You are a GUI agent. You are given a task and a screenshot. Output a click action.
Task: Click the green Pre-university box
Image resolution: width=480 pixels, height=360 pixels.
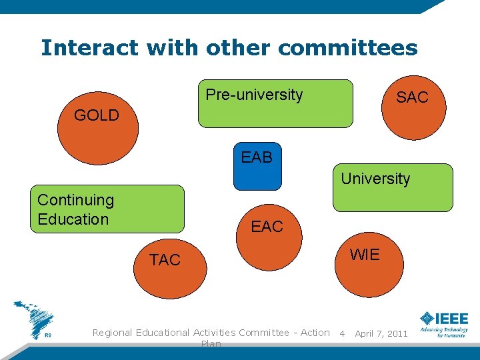click(x=276, y=103)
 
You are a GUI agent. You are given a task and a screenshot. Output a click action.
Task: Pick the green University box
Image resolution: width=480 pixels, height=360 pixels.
click(x=393, y=188)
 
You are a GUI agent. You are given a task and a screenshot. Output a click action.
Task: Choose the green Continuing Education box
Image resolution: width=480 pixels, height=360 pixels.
click(x=107, y=209)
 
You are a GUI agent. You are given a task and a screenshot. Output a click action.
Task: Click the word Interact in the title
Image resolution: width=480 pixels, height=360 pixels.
click(x=89, y=48)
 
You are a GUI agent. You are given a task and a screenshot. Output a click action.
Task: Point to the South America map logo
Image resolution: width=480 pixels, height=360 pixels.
click(x=34, y=319)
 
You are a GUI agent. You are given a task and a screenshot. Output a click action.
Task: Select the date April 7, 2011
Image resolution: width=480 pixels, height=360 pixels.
click(x=381, y=333)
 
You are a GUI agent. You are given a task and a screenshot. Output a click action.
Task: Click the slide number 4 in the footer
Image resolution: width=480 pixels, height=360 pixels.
click(x=342, y=333)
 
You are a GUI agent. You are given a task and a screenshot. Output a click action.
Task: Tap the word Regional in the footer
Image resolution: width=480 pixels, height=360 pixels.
click(x=113, y=333)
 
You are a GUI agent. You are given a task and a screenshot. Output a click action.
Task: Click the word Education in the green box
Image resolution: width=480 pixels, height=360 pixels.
click(x=73, y=219)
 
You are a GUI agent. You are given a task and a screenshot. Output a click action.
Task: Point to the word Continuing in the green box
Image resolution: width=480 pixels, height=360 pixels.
click(x=75, y=200)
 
